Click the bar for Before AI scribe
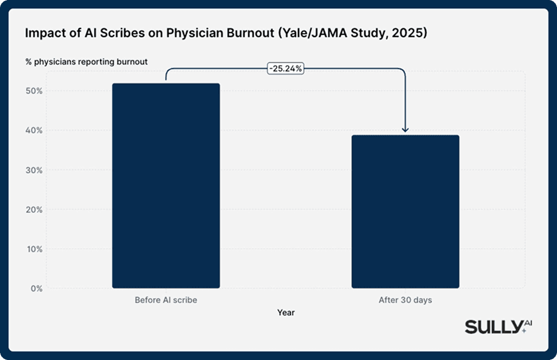[x=166, y=186]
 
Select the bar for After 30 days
[x=405, y=211]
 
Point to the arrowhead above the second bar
[x=405, y=130]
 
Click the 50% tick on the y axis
[x=35, y=91]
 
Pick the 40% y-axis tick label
[x=35, y=130]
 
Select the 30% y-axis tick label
[x=35, y=170]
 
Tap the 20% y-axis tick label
[x=35, y=209]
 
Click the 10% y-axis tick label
[x=35, y=249]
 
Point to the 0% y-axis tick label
[x=37, y=289]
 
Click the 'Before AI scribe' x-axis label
[x=166, y=300]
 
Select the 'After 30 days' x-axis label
[x=405, y=300]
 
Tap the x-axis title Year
[x=285, y=313]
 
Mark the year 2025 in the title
[x=411, y=34]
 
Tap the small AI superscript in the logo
[x=527, y=324]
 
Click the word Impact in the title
[x=43, y=34]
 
